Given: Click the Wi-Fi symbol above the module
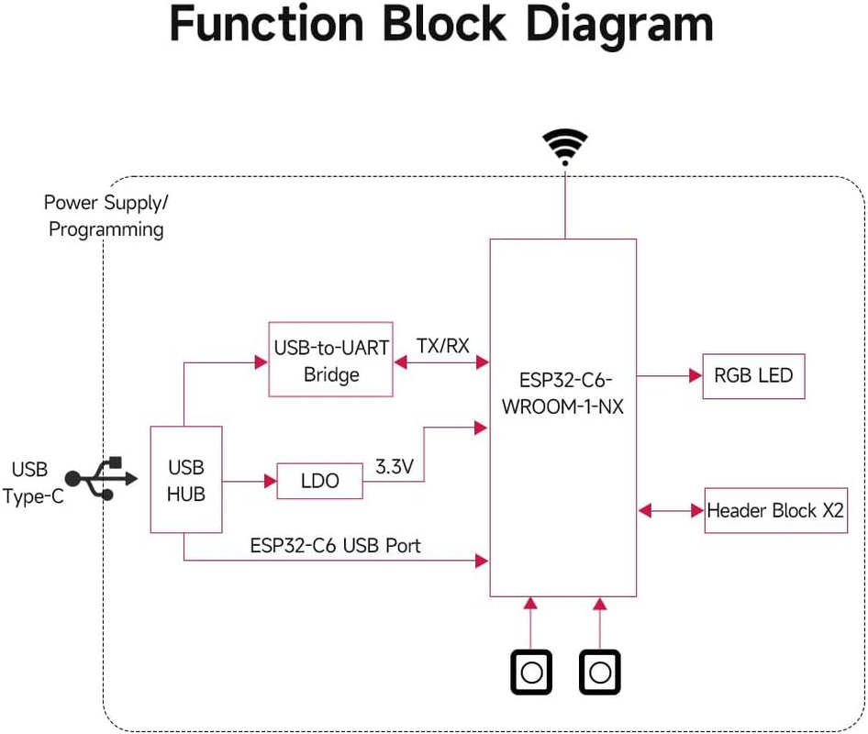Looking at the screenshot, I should pyautogui.click(x=564, y=146).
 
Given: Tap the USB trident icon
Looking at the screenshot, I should pyautogui.click(x=102, y=478).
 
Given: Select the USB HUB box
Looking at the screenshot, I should pyautogui.click(x=186, y=480).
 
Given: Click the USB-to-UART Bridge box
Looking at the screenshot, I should pyautogui.click(x=331, y=360).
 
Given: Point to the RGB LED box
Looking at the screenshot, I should pyautogui.click(x=753, y=376).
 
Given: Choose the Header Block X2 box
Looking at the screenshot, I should pyautogui.click(x=775, y=510).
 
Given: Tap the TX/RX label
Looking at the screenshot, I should pyautogui.click(x=443, y=346).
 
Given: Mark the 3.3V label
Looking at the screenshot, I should pyautogui.click(x=395, y=466).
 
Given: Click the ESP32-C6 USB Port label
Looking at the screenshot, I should pyautogui.click(x=335, y=545).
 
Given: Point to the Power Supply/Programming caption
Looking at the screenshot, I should pyautogui.click(x=106, y=216).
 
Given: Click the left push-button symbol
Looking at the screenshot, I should pyautogui.click(x=530, y=673).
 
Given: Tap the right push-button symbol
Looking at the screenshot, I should pyautogui.click(x=600, y=673).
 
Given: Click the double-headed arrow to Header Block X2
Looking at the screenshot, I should pyautogui.click(x=670, y=509).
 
